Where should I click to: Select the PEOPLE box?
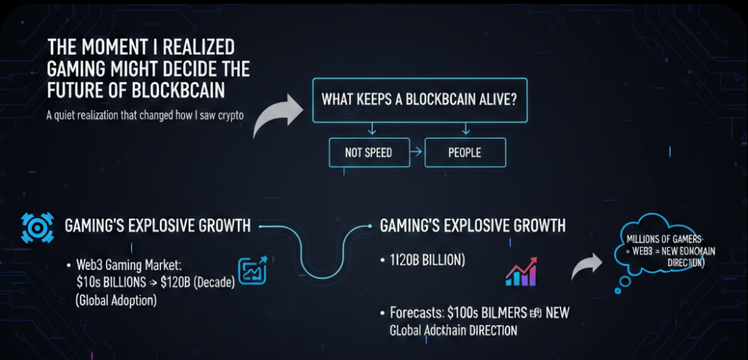click(464, 153)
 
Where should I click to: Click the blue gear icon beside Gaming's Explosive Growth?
click(35, 226)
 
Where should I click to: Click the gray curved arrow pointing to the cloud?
click(588, 267)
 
